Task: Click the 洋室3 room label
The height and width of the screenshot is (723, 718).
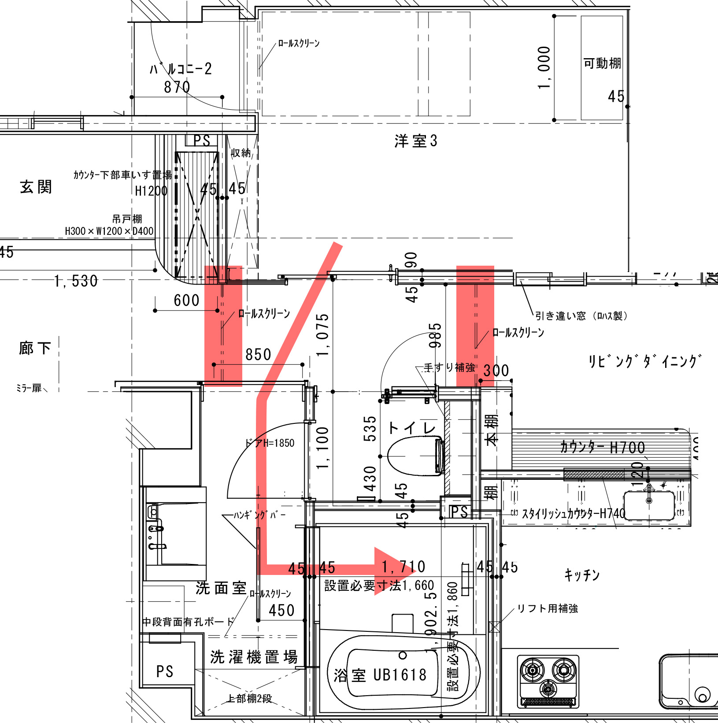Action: [416, 141]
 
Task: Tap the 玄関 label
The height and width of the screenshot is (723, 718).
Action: [36, 187]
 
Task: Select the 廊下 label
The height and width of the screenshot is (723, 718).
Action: [35, 348]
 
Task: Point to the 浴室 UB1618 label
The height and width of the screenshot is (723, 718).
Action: [380, 675]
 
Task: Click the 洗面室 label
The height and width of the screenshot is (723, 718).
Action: [221, 588]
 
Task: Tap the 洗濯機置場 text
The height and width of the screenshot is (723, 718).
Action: [254, 657]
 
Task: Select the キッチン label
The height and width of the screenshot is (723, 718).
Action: [582, 575]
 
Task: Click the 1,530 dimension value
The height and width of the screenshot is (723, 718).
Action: [76, 281]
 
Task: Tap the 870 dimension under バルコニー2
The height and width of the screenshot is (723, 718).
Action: [177, 87]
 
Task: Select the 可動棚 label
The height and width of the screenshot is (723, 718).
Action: [602, 63]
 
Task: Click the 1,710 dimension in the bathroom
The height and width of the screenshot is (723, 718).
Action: [403, 567]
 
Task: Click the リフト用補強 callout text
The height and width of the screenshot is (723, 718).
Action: [547, 608]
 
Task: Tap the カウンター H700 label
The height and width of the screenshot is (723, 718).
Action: [603, 448]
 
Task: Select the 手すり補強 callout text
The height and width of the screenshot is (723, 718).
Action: [449, 367]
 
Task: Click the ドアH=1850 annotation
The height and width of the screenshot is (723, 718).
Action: [270, 443]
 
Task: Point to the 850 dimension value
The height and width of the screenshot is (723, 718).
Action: [258, 355]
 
